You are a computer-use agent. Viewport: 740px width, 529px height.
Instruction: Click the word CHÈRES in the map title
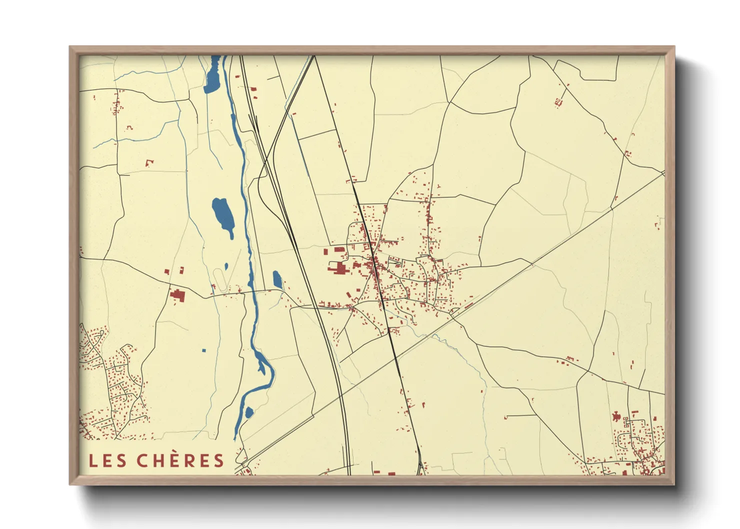[180, 460]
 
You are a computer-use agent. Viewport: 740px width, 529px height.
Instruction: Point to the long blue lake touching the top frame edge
[213, 75]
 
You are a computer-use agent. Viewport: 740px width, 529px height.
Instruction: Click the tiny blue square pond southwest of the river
[204, 350]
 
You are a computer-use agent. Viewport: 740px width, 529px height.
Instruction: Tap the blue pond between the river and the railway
[277, 280]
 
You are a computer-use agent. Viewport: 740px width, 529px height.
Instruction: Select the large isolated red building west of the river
[177, 295]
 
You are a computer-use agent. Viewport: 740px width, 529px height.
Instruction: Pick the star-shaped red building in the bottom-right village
[616, 416]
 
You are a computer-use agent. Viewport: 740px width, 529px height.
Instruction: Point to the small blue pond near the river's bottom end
[248, 412]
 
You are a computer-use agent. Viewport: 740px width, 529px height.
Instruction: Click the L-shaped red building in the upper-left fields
[148, 163]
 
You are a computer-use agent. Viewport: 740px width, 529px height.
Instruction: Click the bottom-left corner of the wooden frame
[70, 484]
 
